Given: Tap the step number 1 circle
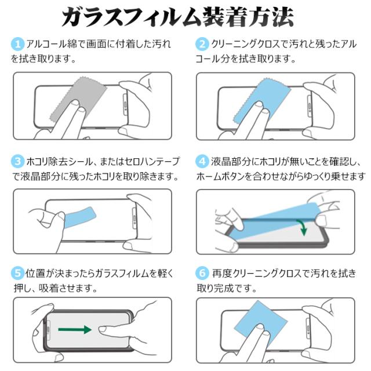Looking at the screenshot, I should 18,45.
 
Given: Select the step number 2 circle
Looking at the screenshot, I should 203,45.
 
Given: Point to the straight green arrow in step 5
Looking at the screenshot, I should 75,330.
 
